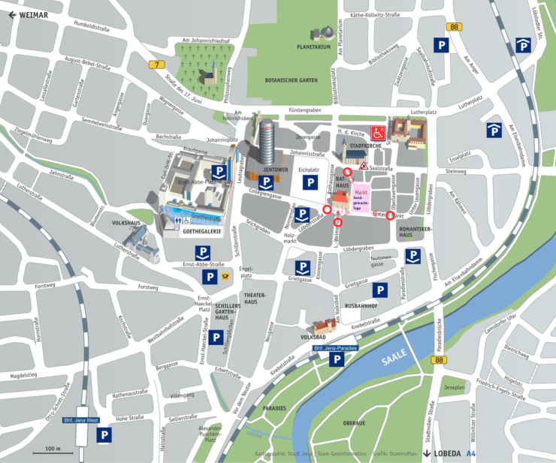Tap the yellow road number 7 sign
(156, 65)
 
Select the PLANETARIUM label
(313, 47)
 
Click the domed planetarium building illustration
(325, 34)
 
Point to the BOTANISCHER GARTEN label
(292, 79)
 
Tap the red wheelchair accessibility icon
(377, 134)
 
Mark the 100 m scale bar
(53, 452)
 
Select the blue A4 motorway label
(471, 453)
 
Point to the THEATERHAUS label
(252, 297)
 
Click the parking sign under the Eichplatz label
(309, 182)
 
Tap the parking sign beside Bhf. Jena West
(105, 434)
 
